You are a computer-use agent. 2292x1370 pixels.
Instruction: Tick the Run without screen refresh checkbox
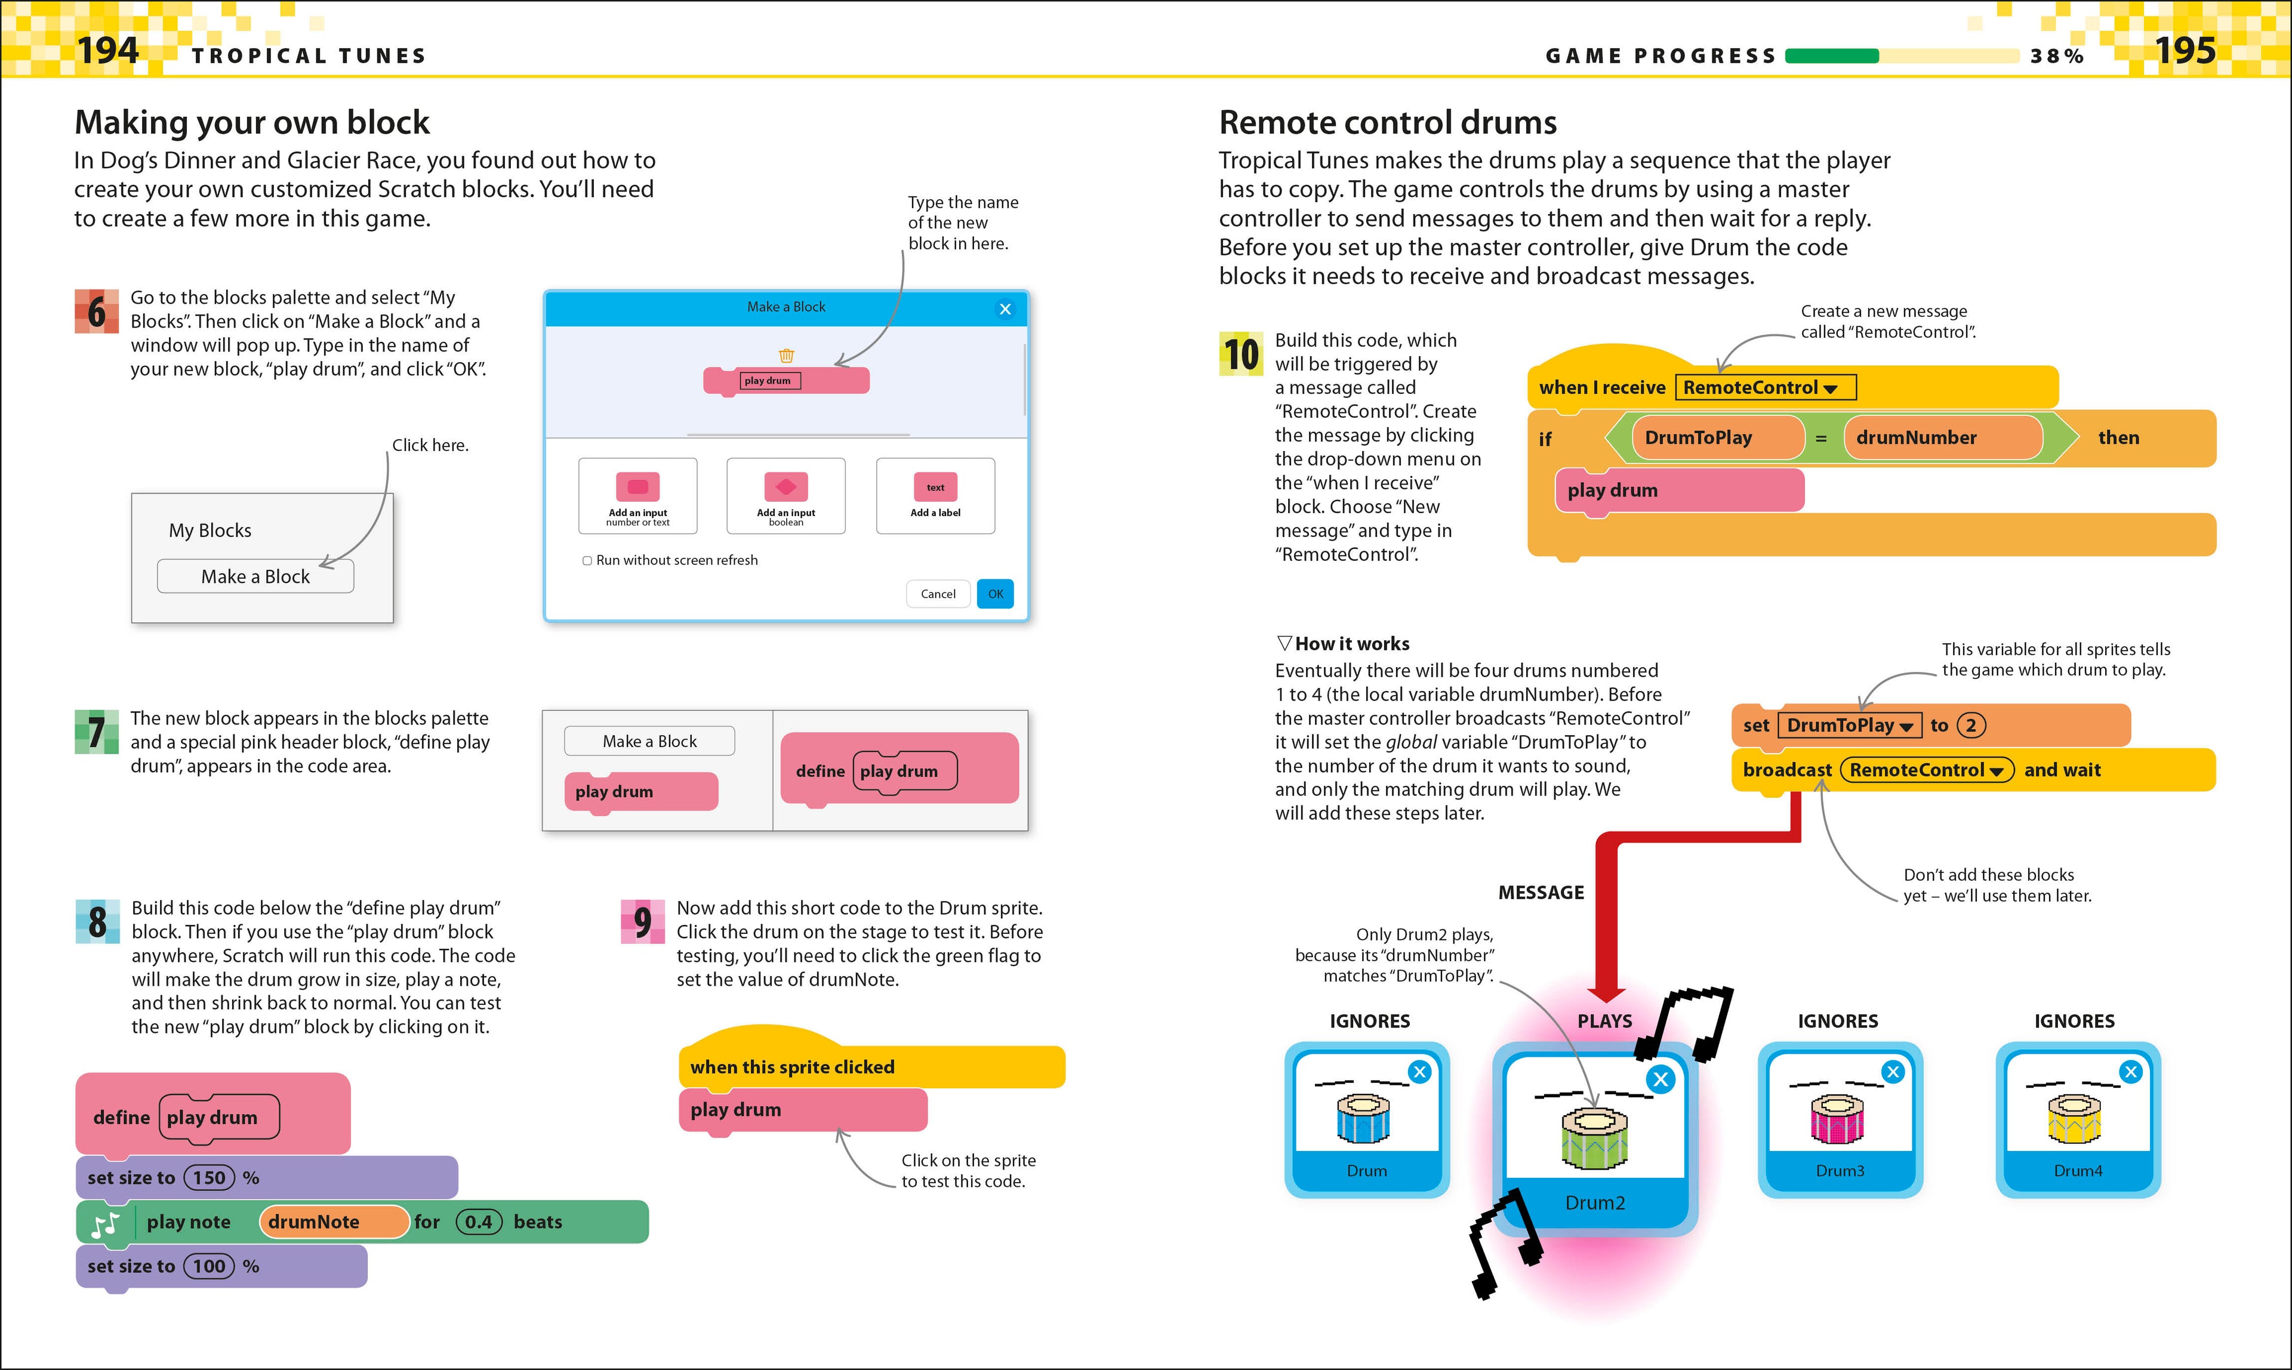pyautogui.click(x=587, y=560)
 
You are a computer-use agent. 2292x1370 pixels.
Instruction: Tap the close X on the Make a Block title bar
pyautogui.click(x=1005, y=309)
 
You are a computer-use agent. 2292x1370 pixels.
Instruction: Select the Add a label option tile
pyautogui.click(x=935, y=496)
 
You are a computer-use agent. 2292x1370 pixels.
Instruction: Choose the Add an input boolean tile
pyautogui.click(x=786, y=496)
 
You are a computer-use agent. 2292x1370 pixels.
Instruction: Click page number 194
pyautogui.click(x=108, y=50)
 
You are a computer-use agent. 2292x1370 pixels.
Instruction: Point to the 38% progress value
pyautogui.click(x=2056, y=56)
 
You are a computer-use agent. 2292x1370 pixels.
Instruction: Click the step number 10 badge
pyautogui.click(x=1241, y=354)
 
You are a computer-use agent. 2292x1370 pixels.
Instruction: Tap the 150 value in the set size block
pyautogui.click(x=210, y=1177)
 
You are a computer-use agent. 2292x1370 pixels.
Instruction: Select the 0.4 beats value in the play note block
pyautogui.click(x=478, y=1221)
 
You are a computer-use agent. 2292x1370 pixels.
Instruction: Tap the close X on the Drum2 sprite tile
pyautogui.click(x=1659, y=1079)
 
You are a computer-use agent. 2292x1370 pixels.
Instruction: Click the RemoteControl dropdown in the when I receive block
pyautogui.click(x=1764, y=388)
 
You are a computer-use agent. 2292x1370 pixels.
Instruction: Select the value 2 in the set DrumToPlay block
pyautogui.click(x=1971, y=726)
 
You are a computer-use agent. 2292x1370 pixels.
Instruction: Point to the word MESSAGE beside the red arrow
pyautogui.click(x=1541, y=893)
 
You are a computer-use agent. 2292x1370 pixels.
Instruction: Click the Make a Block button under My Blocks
pyautogui.click(x=256, y=576)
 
